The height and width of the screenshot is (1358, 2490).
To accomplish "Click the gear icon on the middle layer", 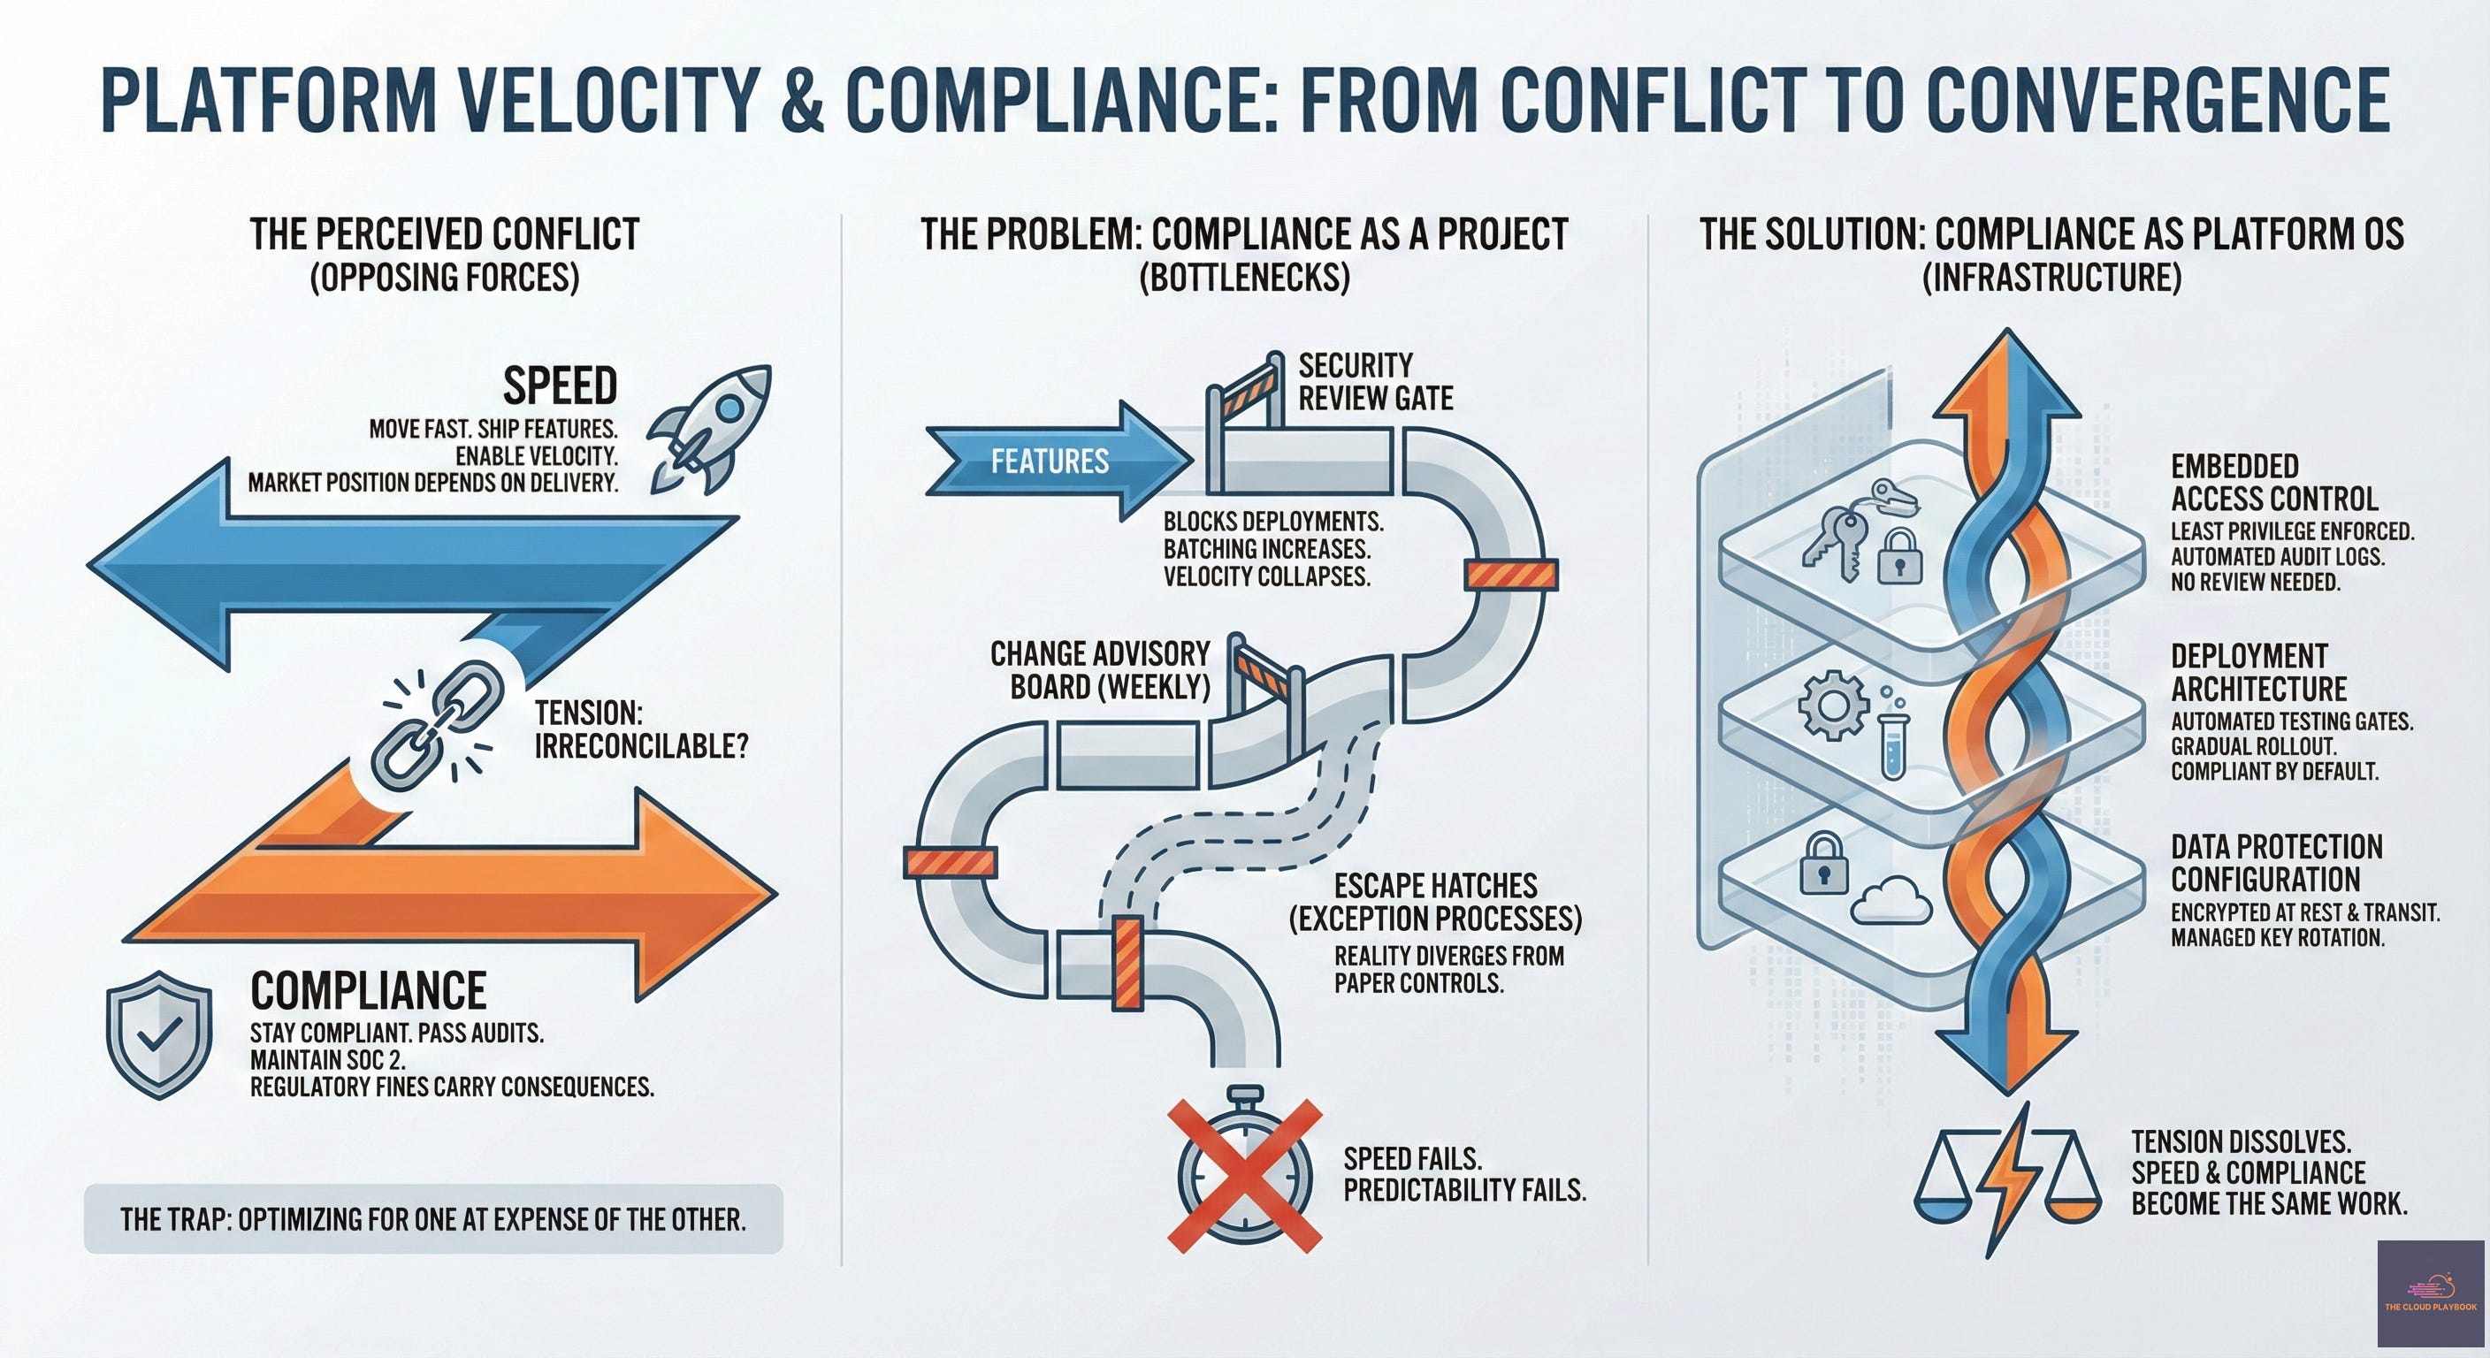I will point(1832,706).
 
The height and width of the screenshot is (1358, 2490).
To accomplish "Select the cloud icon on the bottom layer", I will point(1891,901).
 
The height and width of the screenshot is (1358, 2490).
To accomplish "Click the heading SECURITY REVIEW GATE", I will point(1374,382).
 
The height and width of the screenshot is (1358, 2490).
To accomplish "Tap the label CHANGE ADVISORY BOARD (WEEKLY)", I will point(1101,670).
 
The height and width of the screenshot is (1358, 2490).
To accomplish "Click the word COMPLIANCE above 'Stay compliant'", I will point(368,991).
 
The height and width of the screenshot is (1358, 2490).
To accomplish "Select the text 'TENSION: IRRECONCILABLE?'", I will point(641,729).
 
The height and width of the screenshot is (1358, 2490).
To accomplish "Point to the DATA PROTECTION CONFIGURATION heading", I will point(2276,863).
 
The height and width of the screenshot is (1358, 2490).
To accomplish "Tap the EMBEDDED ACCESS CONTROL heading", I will point(2273,483).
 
